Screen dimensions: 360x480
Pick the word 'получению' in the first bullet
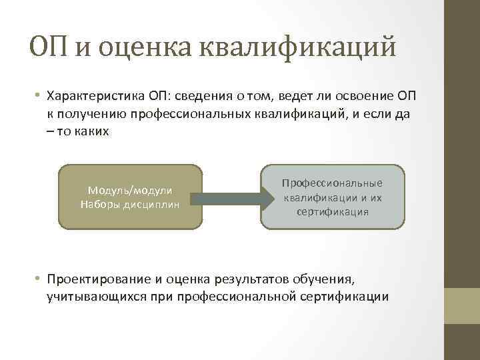93,115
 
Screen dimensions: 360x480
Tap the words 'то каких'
83,131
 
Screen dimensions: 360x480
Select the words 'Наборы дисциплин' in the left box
129,203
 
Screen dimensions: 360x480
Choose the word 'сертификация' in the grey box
332,211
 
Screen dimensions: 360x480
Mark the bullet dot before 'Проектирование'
39,279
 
